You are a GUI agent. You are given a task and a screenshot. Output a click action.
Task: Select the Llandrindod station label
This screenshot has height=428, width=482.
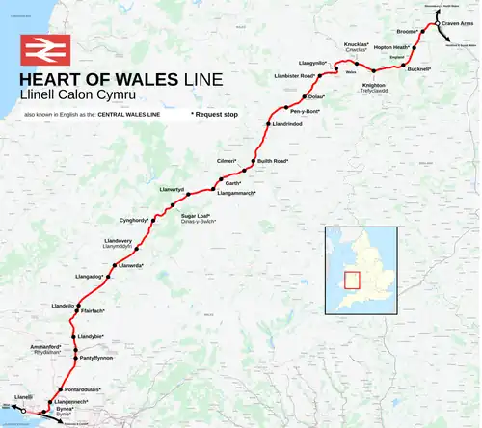[294, 124]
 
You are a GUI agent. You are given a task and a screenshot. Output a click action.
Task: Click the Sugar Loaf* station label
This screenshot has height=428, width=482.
[199, 216]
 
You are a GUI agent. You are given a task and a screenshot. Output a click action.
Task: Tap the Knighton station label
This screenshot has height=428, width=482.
[373, 84]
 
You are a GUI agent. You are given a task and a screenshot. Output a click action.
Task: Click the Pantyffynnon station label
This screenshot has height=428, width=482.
[96, 358]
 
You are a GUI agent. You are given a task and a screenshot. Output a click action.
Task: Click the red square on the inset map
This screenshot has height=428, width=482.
[350, 281]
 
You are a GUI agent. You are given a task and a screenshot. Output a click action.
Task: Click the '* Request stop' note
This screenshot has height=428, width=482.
[214, 114]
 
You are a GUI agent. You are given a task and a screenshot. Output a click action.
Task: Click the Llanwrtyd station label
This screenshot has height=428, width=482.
[171, 190]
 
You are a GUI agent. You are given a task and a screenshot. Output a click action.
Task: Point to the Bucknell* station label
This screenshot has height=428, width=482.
[419, 70]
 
